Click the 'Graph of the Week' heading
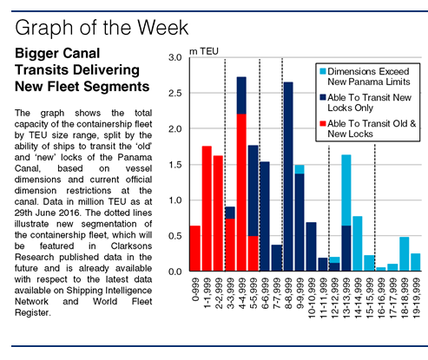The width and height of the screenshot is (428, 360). click(x=102, y=28)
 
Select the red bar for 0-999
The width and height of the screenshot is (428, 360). click(x=195, y=248)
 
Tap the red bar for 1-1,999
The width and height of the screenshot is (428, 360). click(x=207, y=208)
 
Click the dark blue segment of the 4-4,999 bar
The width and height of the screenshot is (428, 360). click(x=241, y=95)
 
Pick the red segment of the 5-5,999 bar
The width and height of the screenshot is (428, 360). click(x=254, y=253)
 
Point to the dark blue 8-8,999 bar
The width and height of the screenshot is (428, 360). click(x=288, y=177)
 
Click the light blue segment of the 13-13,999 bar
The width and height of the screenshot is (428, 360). click(x=346, y=190)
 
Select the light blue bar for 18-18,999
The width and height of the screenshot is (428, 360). click(x=405, y=254)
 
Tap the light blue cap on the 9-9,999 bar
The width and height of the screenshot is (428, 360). click(x=300, y=169)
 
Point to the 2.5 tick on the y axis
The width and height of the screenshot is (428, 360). click(x=175, y=93)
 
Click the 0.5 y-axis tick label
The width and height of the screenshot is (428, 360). click(x=175, y=236)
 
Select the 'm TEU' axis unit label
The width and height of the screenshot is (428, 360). click(x=204, y=51)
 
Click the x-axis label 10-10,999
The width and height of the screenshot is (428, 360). click(x=312, y=298)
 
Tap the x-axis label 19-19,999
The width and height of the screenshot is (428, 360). click(x=416, y=298)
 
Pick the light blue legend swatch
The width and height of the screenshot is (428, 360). click(x=323, y=71)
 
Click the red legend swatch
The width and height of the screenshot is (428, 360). click(x=323, y=123)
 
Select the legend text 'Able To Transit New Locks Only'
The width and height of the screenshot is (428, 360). click(x=369, y=102)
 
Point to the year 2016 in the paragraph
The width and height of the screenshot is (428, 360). click(x=69, y=213)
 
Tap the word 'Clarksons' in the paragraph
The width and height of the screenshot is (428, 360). click(x=131, y=246)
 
